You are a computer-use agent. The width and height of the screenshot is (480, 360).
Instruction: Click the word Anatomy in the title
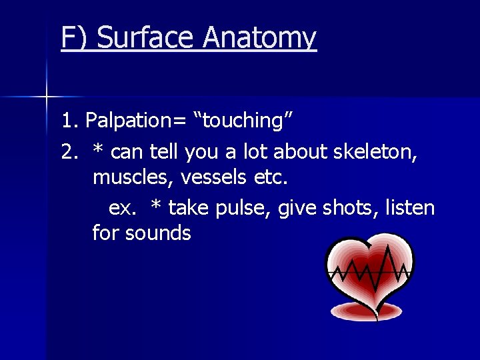point(259,38)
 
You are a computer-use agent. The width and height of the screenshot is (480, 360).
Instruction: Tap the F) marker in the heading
point(75,38)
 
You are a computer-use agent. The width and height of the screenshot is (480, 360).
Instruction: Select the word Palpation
point(130,121)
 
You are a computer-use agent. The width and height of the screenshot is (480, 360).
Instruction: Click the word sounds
point(158,233)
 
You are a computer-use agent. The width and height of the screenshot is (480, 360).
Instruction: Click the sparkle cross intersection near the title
point(47,97)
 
